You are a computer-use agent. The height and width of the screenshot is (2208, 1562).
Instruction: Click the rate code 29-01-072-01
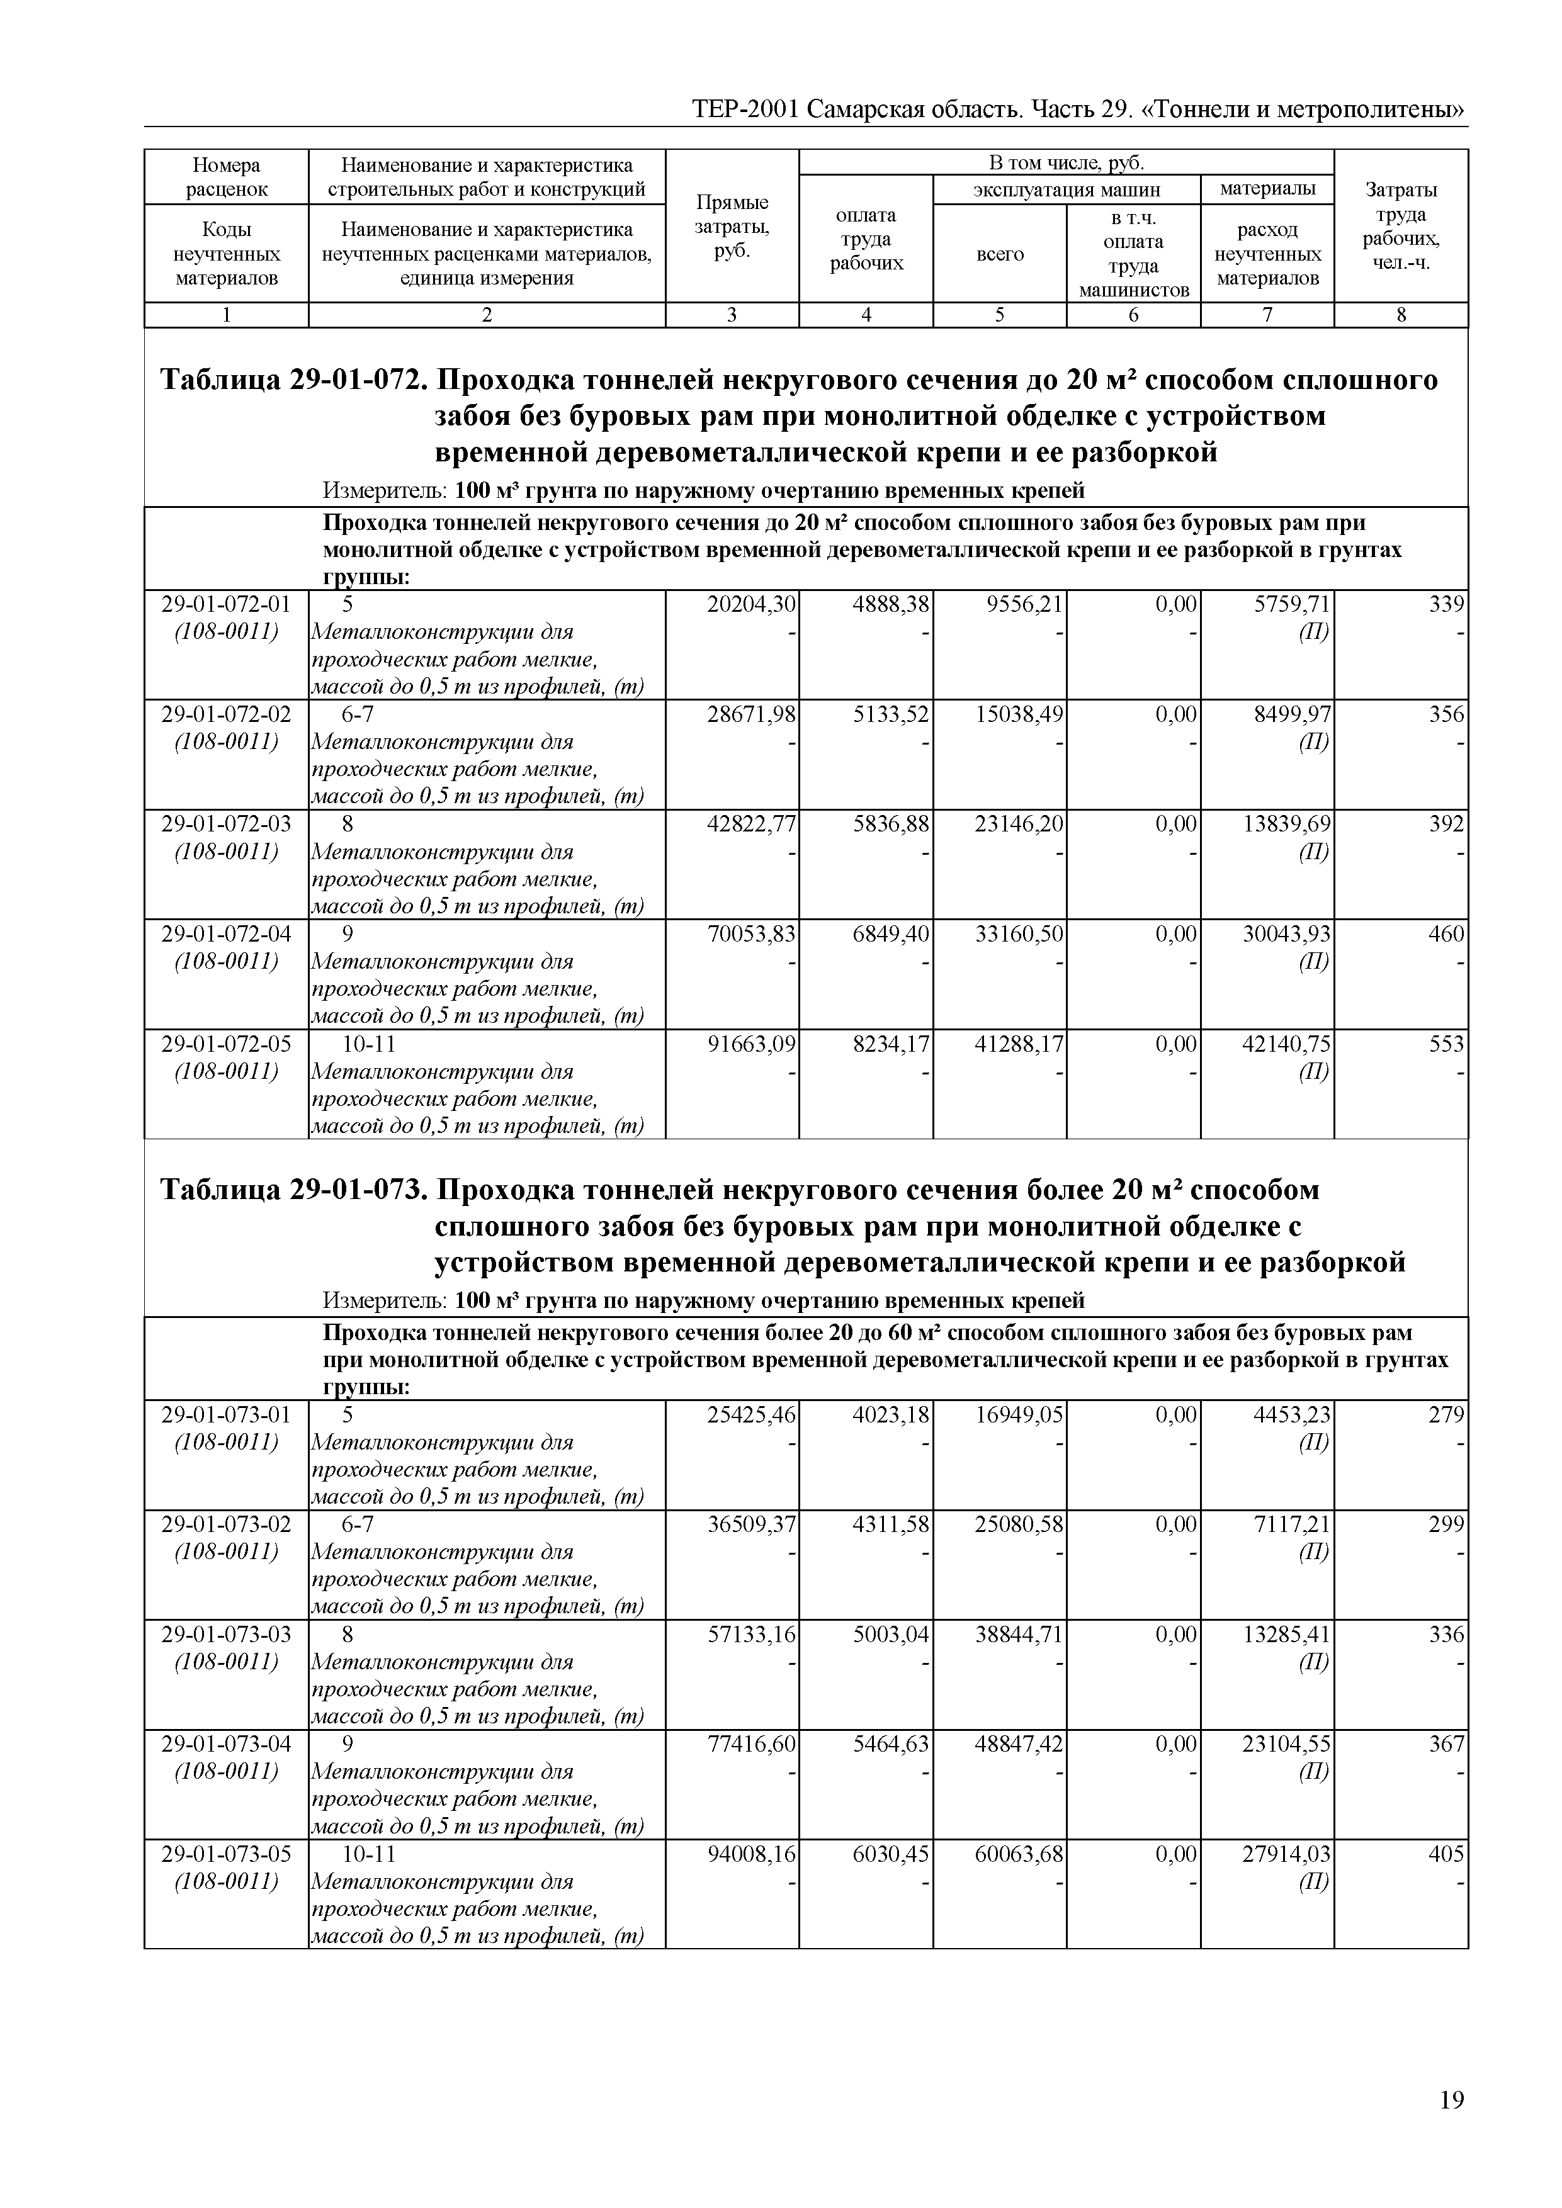pyautogui.click(x=226, y=605)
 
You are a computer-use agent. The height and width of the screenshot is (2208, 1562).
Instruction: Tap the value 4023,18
pyautogui.click(x=891, y=1416)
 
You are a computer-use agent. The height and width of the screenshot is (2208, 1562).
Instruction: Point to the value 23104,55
pyautogui.click(x=1287, y=1745)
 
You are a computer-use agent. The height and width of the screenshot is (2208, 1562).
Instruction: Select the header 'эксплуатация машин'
pyautogui.click(x=1067, y=189)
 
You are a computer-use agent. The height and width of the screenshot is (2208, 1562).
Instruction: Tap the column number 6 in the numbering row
pyautogui.click(x=1133, y=315)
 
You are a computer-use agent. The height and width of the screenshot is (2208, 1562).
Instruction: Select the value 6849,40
pyautogui.click(x=891, y=934)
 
